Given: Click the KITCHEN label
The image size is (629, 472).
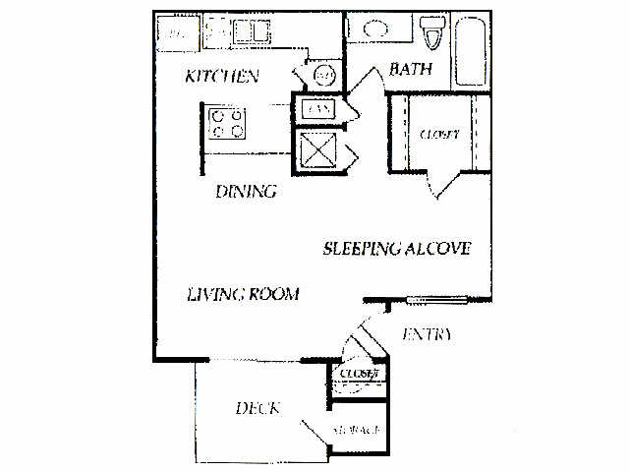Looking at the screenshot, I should [222, 76].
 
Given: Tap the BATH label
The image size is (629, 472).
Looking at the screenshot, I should [406, 69].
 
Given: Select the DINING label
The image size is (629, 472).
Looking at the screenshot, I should [245, 191].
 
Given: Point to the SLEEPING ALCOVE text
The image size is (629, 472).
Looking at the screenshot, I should [397, 249].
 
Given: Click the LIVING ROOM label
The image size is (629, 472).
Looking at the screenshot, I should [243, 294].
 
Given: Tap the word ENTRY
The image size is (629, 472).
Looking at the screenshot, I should [427, 335].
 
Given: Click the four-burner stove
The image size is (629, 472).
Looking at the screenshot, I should [229, 122].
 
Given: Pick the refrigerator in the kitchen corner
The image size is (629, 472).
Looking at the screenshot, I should [177, 31].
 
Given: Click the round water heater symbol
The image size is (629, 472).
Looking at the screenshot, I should [323, 76].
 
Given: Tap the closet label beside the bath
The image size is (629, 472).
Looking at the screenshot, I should [438, 134].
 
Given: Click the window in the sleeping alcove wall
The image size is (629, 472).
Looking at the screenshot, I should [447, 299].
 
